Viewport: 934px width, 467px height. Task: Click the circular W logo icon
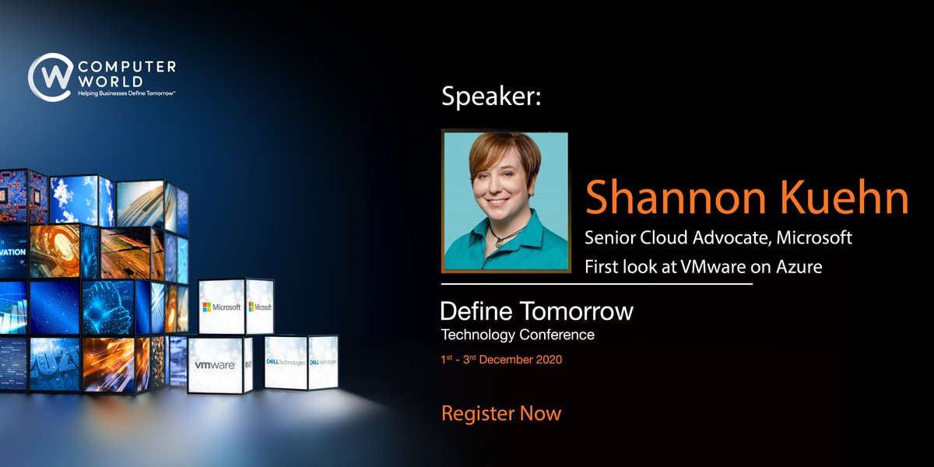coord(51,78)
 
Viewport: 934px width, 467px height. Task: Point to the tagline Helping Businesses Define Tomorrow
coord(126,94)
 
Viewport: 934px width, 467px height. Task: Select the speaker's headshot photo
coord(504,202)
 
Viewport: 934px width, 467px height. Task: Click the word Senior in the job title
coord(609,238)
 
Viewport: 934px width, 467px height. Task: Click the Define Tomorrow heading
coord(537,312)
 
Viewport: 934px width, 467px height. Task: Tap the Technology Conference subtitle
coord(518,335)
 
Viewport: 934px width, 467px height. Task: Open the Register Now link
coord(501,413)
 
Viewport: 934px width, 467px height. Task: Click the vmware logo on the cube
coord(215,364)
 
